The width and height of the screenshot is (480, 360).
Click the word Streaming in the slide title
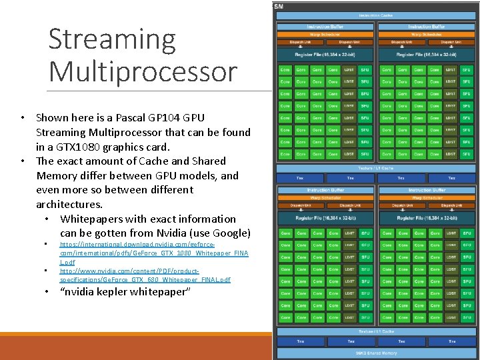(x=112, y=40)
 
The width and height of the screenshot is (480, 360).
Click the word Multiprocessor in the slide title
(x=143, y=71)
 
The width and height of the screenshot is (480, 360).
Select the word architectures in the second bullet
(x=69, y=204)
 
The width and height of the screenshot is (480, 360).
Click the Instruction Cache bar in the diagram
(x=377, y=15)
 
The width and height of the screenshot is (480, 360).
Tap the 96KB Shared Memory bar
(x=376, y=353)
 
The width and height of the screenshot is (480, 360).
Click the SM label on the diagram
(x=279, y=5)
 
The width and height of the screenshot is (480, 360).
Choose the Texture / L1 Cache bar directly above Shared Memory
(x=376, y=331)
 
